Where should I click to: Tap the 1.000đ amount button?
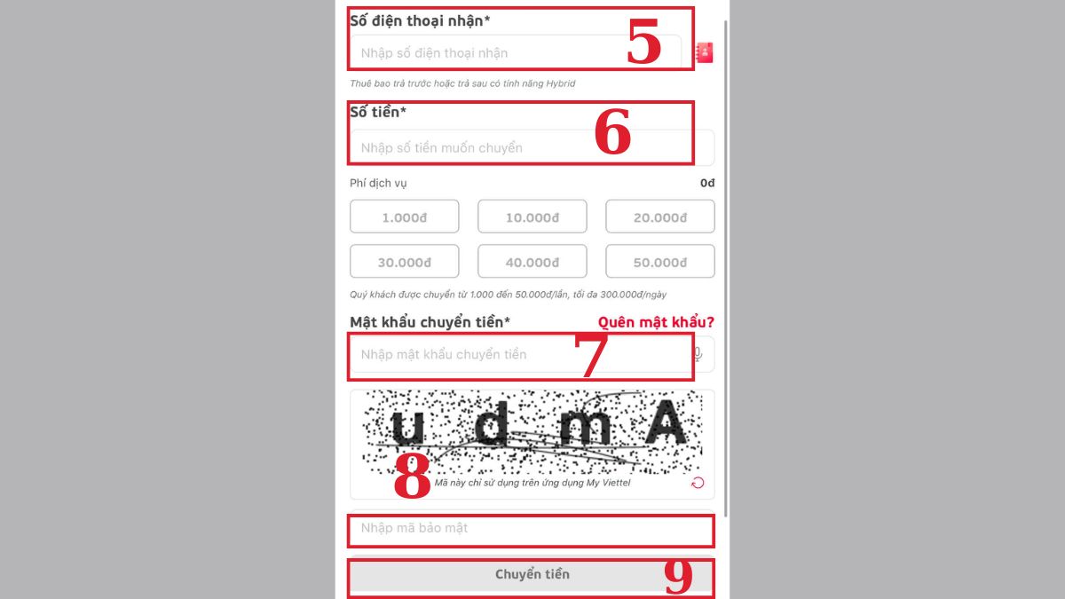click(x=404, y=217)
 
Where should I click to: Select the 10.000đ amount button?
click(x=532, y=217)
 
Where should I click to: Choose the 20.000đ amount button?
click(x=660, y=217)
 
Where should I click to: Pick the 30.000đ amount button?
click(x=404, y=261)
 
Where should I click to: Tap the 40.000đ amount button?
click(x=532, y=261)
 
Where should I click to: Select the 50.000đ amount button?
click(x=660, y=261)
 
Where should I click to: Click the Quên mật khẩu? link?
click(x=656, y=322)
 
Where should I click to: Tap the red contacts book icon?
click(x=704, y=52)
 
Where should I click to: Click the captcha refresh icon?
click(x=698, y=483)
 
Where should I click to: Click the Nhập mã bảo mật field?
click(x=531, y=529)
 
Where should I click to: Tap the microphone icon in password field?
click(x=698, y=354)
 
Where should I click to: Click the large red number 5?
click(x=643, y=41)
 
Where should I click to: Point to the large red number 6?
click(x=612, y=131)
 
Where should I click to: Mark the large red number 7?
click(x=591, y=354)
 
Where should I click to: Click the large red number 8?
click(x=412, y=476)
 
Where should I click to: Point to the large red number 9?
click(x=678, y=576)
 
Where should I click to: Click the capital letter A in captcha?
click(x=666, y=422)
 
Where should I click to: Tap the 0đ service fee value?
click(x=707, y=183)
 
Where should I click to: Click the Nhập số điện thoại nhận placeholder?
click(x=434, y=52)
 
